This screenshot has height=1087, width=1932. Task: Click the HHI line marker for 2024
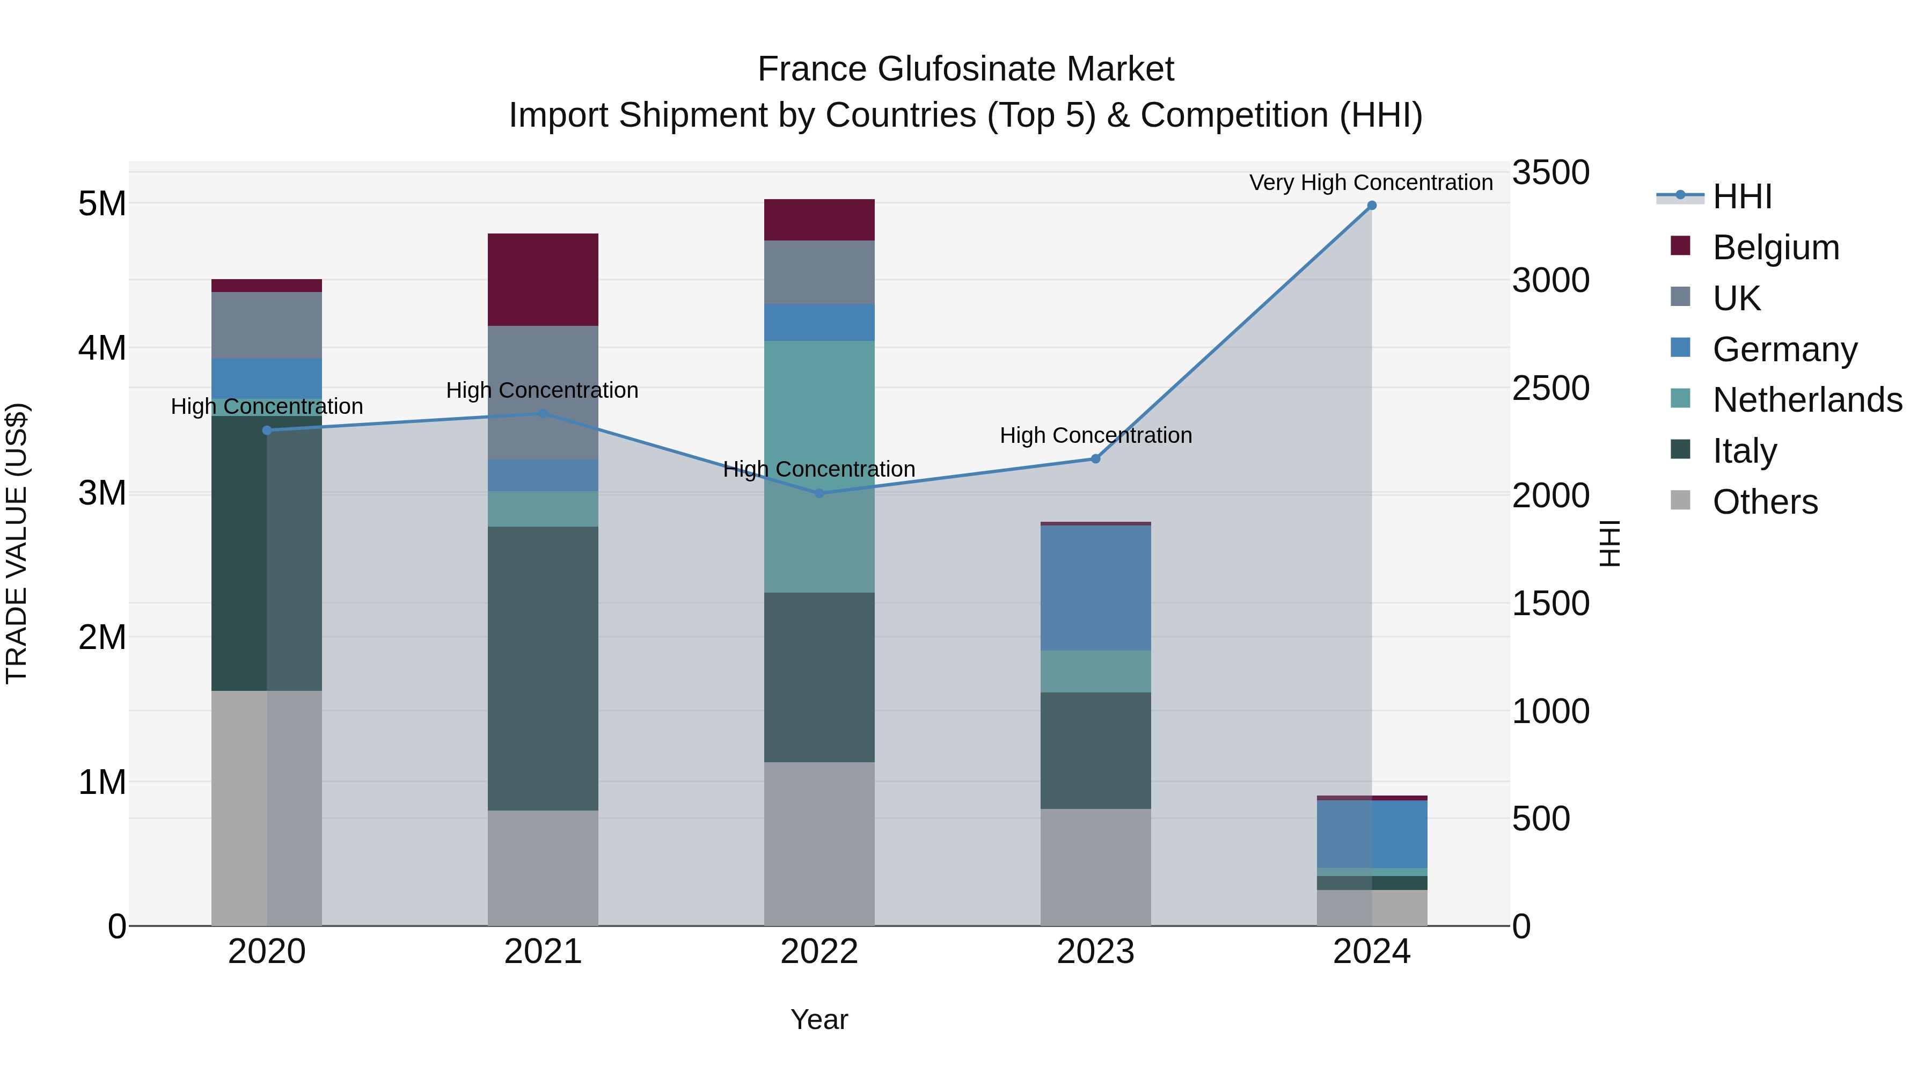click(1372, 206)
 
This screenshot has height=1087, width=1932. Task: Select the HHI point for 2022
click(819, 494)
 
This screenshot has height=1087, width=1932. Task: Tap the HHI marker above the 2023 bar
click(1095, 459)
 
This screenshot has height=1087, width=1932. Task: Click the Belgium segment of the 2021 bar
click(543, 280)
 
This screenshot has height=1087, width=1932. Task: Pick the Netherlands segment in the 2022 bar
click(819, 466)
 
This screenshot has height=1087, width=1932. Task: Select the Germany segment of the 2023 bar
click(1095, 588)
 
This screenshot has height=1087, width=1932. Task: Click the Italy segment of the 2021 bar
click(543, 668)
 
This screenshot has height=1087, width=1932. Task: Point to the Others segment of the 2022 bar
click(819, 844)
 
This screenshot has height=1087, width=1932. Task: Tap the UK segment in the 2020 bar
click(267, 326)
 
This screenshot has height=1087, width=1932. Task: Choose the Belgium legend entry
click(1775, 247)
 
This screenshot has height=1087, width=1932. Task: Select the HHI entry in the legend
click(1741, 196)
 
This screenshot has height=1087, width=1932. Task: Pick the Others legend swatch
click(1681, 500)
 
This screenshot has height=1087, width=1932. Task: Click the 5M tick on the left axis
click(103, 203)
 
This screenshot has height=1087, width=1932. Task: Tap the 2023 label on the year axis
click(1095, 952)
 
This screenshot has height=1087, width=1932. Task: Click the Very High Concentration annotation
click(1371, 183)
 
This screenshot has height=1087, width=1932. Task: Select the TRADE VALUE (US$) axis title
click(17, 543)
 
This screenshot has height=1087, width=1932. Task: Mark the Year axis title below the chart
click(819, 1019)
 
